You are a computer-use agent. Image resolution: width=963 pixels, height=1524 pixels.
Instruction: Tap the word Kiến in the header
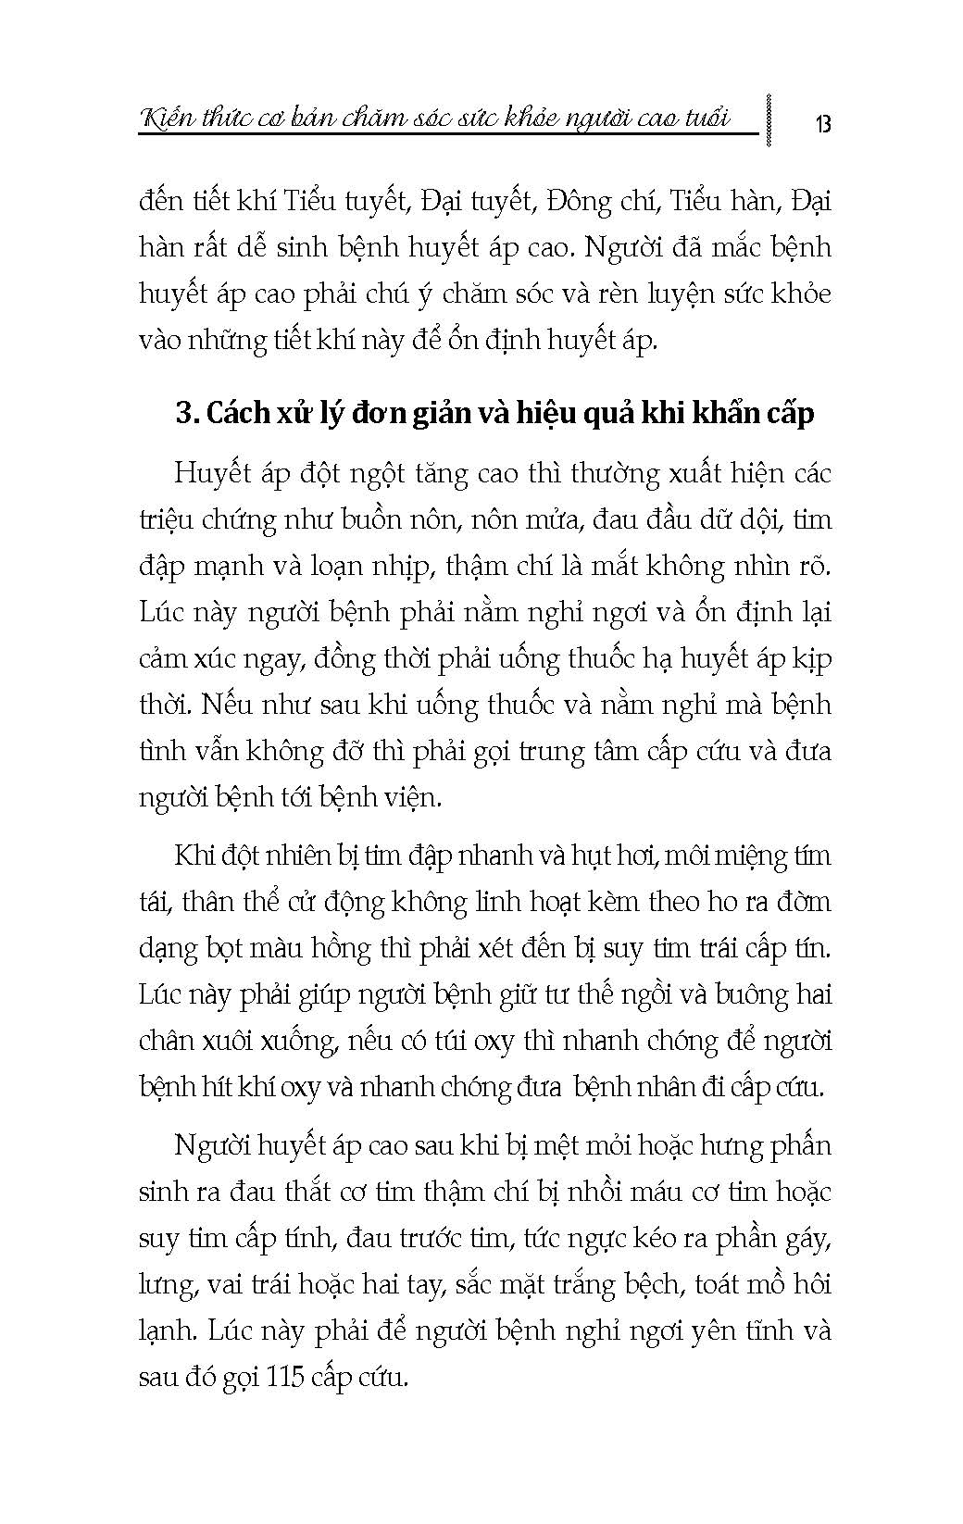pos(167,118)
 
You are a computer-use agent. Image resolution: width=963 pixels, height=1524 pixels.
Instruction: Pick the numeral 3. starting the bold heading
pos(186,413)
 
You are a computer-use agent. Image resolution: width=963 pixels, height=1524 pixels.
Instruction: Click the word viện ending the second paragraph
pos(410,797)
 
